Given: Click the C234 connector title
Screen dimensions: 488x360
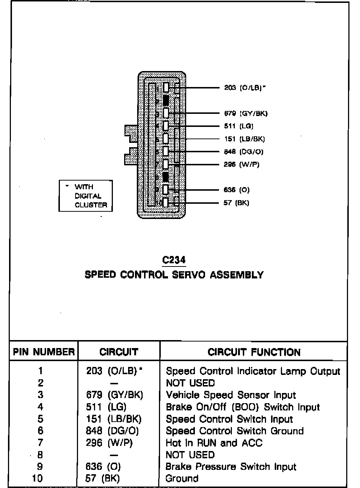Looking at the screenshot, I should pos(174,260).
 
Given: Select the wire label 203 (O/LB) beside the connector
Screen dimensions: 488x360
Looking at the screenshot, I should pos(245,88).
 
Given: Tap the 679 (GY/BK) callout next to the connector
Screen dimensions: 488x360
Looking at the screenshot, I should pos(246,113).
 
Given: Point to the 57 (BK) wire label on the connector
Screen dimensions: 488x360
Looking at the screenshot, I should pos(236,203).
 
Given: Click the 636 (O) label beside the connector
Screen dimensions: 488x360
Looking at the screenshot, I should pos(237,190).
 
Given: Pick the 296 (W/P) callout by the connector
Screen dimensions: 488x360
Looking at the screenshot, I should pos(241,164).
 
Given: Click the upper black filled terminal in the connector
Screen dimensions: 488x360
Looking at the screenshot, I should pos(166,100).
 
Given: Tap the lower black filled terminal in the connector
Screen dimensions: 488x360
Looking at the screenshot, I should pos(166,177).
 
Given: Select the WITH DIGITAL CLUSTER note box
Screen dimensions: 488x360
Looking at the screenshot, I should pos(86,196).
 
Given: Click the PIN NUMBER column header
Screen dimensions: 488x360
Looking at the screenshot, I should pos(44,352).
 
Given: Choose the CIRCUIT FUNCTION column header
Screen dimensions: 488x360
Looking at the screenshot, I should pos(254,352).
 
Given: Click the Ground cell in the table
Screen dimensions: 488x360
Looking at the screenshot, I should pos(182,479).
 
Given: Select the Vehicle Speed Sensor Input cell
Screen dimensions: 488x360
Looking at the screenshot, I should pos(231,395).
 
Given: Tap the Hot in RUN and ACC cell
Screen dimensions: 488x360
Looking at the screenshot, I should pos(214,443).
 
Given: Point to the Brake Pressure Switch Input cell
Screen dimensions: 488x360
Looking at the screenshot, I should pos(231,467).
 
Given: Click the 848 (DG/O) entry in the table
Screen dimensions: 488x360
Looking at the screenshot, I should pos(112,431).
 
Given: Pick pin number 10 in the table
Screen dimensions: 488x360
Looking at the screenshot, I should pos(38,479).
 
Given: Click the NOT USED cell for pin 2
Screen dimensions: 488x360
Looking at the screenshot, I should pos(190,383).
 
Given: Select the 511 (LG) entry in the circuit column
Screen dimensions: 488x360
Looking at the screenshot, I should pos(106,407).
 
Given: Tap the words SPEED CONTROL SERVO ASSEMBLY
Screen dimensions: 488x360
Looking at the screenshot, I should pos(174,274).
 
